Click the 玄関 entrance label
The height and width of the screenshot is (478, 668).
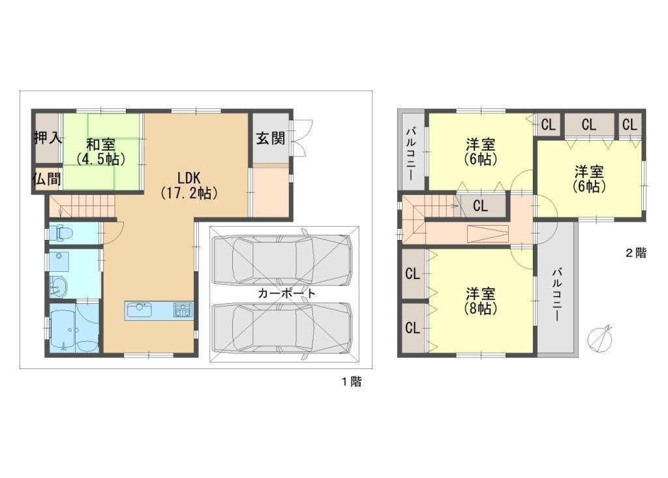click(271, 138)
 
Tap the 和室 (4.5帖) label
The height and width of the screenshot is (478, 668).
click(101, 151)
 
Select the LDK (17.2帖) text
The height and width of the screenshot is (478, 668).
click(189, 185)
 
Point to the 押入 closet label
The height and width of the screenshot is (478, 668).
click(48, 138)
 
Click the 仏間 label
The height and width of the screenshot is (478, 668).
click(47, 179)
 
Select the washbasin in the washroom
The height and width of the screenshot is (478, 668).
click(57, 286)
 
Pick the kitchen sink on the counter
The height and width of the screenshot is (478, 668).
click(139, 309)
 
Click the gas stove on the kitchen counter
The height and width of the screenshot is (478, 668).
click(183, 309)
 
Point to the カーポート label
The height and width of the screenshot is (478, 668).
click(287, 293)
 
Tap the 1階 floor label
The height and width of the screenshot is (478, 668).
click(351, 381)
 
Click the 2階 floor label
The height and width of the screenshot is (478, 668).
click(635, 252)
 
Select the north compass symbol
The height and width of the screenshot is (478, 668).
click(600, 336)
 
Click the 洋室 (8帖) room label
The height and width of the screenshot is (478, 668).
click(481, 301)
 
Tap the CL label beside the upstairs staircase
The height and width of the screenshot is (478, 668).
click(480, 206)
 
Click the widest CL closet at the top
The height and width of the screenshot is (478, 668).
click(589, 125)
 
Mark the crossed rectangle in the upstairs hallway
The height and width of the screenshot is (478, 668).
click(488, 233)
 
